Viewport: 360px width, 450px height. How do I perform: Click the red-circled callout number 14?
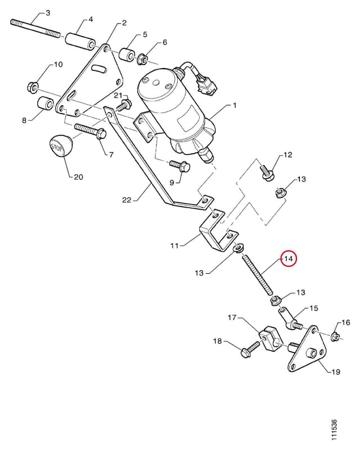[288, 259]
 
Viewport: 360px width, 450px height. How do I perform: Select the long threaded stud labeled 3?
[35, 28]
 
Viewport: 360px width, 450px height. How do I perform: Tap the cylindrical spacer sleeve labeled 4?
[80, 42]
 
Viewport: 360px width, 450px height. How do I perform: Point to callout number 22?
[127, 200]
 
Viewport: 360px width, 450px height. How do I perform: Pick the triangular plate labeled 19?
[307, 349]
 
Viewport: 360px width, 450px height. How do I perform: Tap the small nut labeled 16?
[335, 336]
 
